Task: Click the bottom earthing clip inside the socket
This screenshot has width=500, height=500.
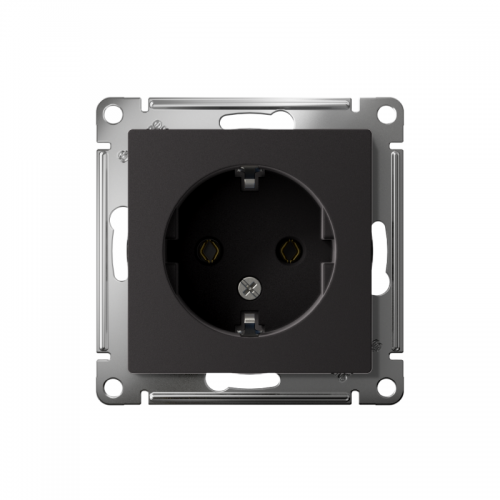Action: [247, 322]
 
